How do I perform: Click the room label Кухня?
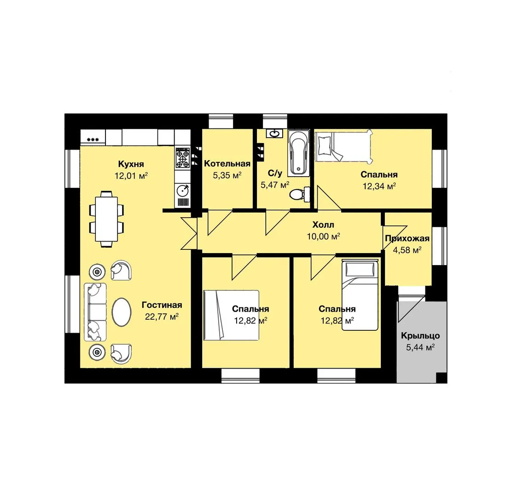coord(131,164)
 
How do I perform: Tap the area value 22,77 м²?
coord(162,317)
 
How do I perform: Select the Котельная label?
coord(227,163)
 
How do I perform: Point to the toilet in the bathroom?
coord(300,194)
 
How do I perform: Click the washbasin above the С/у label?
coord(274,133)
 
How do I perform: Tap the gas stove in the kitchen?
coord(182,158)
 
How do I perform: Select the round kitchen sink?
coord(182,190)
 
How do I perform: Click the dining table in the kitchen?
coord(106,219)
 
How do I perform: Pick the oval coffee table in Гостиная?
coord(122,312)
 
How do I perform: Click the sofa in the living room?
coord(95,312)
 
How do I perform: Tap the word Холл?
coord(323,225)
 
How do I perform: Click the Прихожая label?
coord(407,238)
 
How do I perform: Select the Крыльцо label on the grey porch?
coord(420,336)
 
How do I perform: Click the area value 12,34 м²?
coord(379,186)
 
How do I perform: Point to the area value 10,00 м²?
coord(323,236)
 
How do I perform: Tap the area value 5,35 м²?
coord(227,175)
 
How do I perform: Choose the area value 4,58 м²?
coord(407,250)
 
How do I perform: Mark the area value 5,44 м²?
coord(420,347)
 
